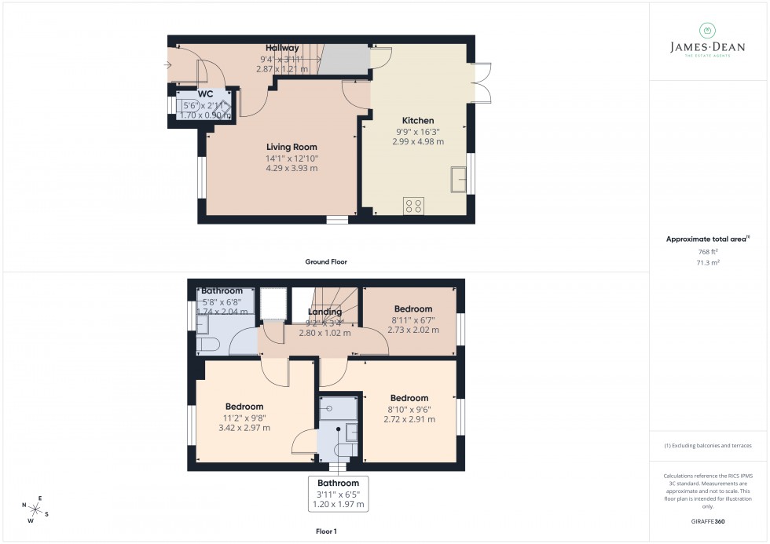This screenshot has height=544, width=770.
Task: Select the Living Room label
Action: [x=291, y=147]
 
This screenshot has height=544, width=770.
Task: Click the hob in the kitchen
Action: [x=413, y=206]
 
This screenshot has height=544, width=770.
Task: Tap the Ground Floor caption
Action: [x=326, y=261]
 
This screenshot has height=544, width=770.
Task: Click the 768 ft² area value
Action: [x=708, y=252]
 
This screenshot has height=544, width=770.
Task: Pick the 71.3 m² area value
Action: [x=708, y=262]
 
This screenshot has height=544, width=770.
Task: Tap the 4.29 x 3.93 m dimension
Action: [x=291, y=168]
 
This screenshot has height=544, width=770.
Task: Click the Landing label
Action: [x=324, y=312]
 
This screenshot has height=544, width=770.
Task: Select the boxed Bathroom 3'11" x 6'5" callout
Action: [x=338, y=494]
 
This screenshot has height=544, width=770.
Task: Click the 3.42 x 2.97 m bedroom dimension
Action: [x=244, y=428]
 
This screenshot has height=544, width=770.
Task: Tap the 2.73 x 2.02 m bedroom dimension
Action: [x=412, y=330]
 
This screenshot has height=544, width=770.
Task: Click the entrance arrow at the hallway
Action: [x=167, y=64]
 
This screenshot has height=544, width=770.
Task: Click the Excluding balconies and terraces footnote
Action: [x=708, y=446]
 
